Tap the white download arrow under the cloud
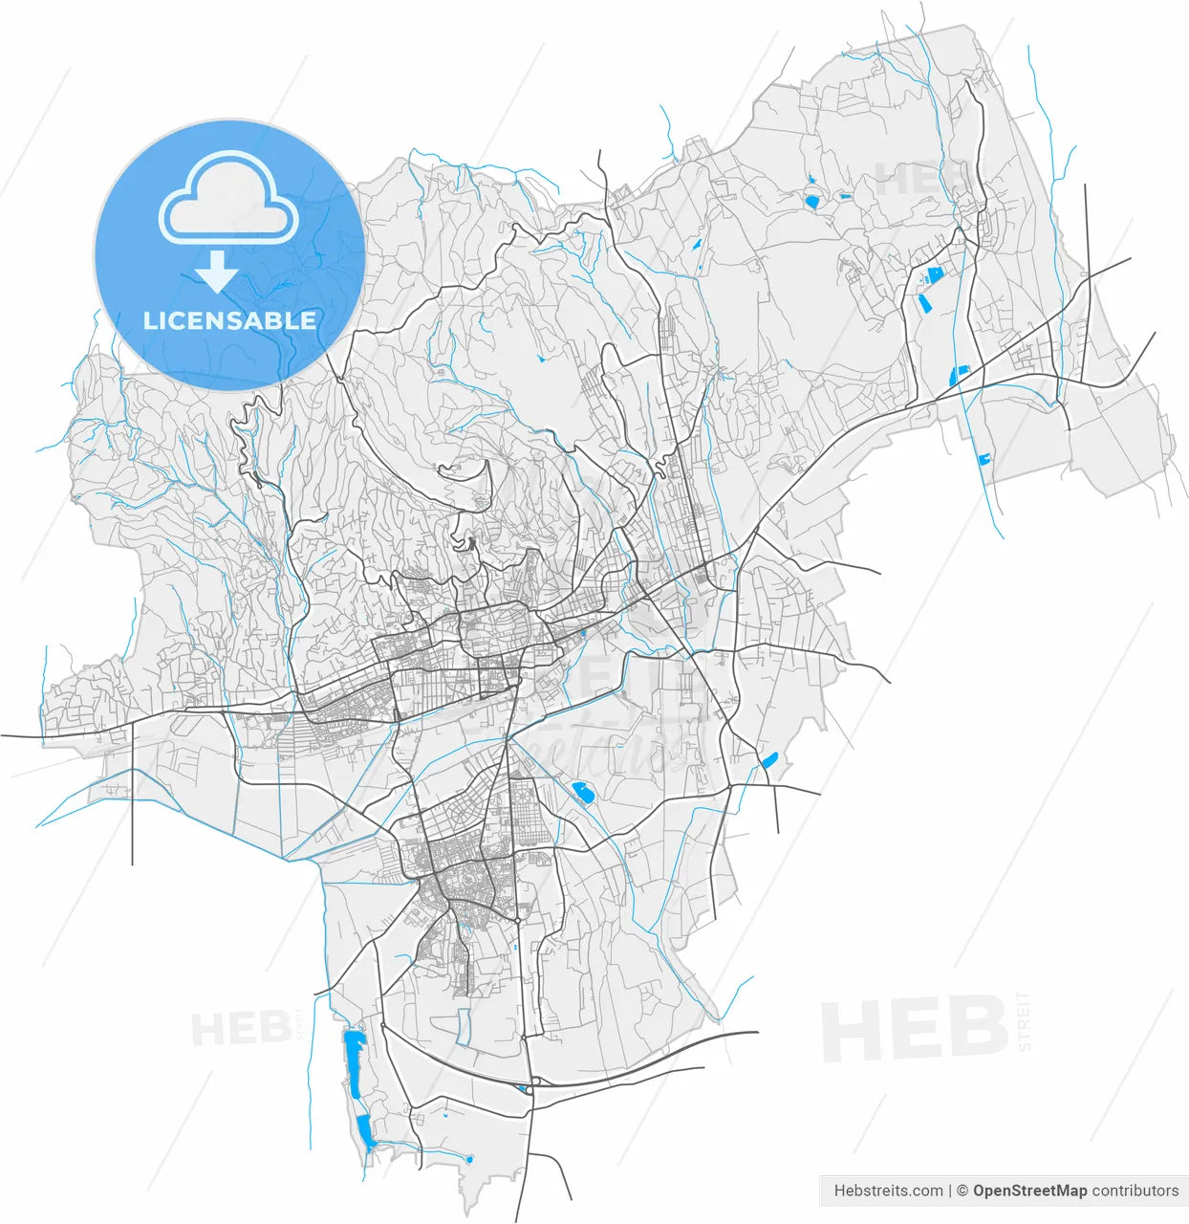218,273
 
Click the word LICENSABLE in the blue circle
229,320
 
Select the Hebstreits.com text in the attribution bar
888,1191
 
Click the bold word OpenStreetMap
1029,1191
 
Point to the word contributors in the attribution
1135,1191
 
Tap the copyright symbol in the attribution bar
962,1191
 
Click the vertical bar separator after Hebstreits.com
951,1191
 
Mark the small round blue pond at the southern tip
468,1159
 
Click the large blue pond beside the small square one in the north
812,201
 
